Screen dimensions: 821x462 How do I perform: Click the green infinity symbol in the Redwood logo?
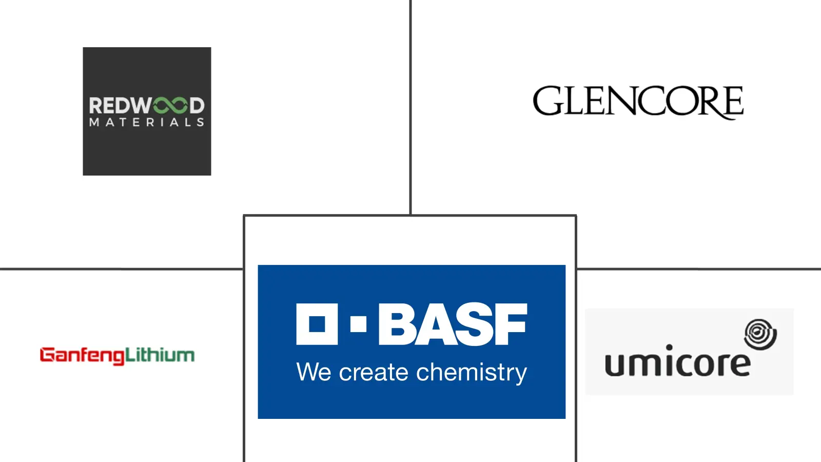(x=170, y=106)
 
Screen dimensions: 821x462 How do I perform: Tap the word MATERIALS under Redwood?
(x=147, y=123)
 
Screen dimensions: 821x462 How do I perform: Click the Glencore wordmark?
(x=638, y=102)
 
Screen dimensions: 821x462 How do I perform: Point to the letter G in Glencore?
(x=547, y=101)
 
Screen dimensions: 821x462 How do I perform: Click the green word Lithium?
(x=160, y=355)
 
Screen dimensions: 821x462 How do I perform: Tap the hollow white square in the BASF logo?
(x=317, y=324)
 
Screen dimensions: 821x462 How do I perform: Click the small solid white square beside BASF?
(x=359, y=324)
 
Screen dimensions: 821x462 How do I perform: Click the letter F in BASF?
(x=510, y=324)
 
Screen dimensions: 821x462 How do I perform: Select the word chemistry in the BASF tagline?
(x=472, y=373)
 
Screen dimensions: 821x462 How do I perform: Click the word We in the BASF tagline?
(x=314, y=372)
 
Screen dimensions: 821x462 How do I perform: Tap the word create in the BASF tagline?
(x=374, y=373)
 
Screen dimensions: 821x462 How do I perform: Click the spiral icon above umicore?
(x=760, y=334)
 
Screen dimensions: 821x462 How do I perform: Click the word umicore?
(x=678, y=362)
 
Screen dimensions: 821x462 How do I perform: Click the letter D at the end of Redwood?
(x=197, y=106)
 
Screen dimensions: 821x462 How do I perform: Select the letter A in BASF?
(x=435, y=324)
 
